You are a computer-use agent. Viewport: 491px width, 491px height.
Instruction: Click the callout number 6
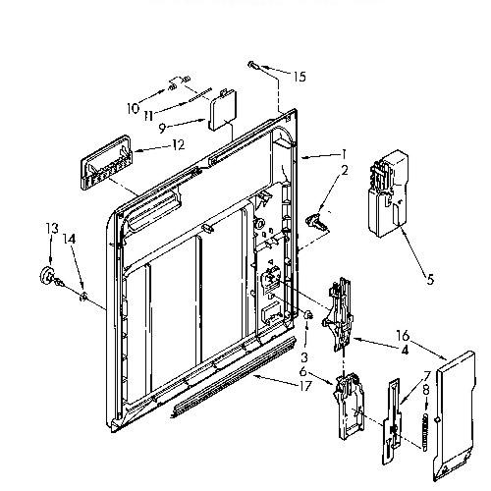coord(303,373)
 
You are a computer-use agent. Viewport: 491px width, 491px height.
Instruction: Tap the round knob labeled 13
coord(48,276)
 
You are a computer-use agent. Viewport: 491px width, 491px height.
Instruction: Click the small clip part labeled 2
coord(317,222)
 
